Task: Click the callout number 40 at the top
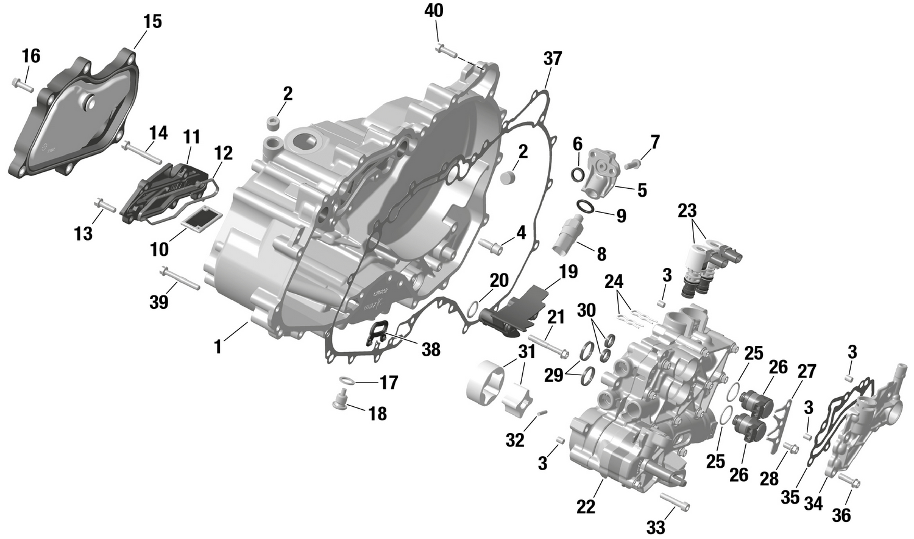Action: click(x=434, y=10)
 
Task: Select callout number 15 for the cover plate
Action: click(x=152, y=21)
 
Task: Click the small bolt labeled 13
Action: click(x=105, y=205)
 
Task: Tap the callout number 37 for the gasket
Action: click(x=553, y=59)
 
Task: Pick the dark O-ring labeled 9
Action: click(x=586, y=208)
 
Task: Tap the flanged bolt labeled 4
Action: click(x=491, y=245)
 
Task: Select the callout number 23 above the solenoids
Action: click(x=687, y=211)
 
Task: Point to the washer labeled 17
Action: click(x=346, y=381)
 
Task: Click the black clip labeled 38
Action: click(x=377, y=334)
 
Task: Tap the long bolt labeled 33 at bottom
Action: click(x=674, y=503)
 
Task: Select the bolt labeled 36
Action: click(x=849, y=481)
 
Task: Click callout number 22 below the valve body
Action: click(x=586, y=507)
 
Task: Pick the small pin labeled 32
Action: click(x=540, y=414)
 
